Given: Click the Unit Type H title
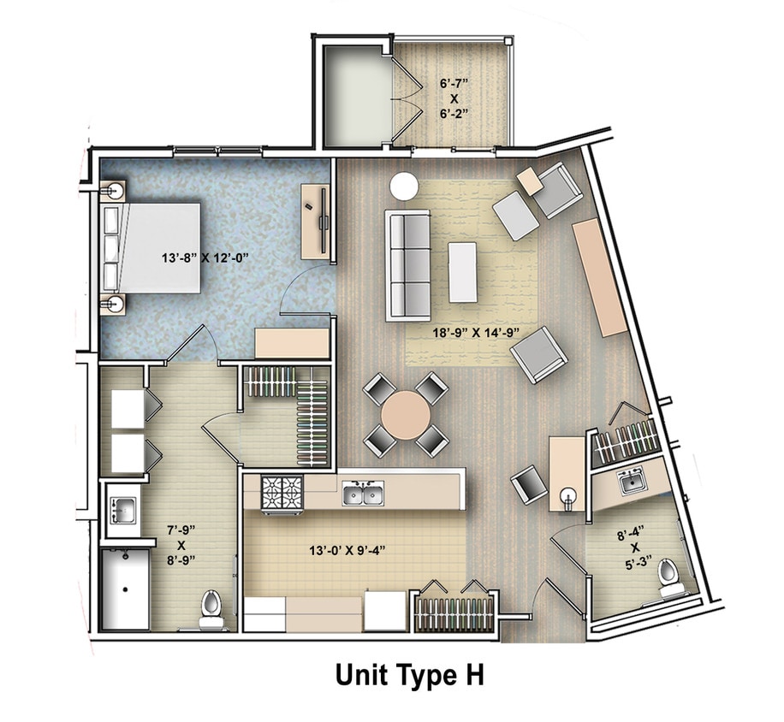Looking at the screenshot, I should coord(409,675).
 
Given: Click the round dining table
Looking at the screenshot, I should coord(406,415).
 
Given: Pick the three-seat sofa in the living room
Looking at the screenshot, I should coord(407,264).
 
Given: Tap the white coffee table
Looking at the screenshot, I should coord(462,272).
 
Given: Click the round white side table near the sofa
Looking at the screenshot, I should coord(404,186).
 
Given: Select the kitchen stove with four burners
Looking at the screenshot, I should coord(282,494).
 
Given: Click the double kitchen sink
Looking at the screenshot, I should coord(363,493).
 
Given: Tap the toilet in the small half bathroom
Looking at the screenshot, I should coord(669,580).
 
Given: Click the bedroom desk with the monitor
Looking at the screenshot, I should coord(316,220).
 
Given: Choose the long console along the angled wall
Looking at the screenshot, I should coord(599,277).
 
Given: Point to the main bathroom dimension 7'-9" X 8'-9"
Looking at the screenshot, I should coord(181,545).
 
